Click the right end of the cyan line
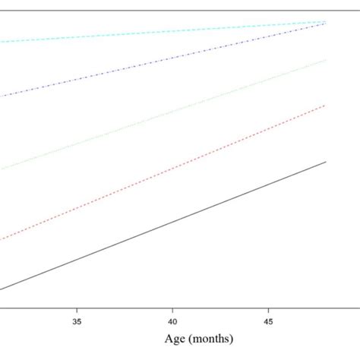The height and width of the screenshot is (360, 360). tap(326, 21)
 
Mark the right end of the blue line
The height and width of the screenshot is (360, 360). tap(326, 24)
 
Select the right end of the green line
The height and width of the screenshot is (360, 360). tap(326, 60)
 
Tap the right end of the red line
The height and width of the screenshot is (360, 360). tap(326, 106)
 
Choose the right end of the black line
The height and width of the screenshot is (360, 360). tap(326, 161)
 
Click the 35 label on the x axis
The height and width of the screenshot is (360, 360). tap(77, 322)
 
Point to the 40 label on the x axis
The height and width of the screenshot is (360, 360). tap(172, 322)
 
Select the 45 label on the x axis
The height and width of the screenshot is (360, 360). tap(268, 322)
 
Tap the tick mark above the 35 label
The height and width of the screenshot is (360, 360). tap(77, 310)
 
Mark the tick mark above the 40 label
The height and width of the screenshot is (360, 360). tap(172, 310)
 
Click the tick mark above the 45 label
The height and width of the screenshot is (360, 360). tap(268, 310)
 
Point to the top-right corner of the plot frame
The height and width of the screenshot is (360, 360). tap(358, 10)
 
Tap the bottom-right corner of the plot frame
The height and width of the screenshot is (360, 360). tap(358, 307)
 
